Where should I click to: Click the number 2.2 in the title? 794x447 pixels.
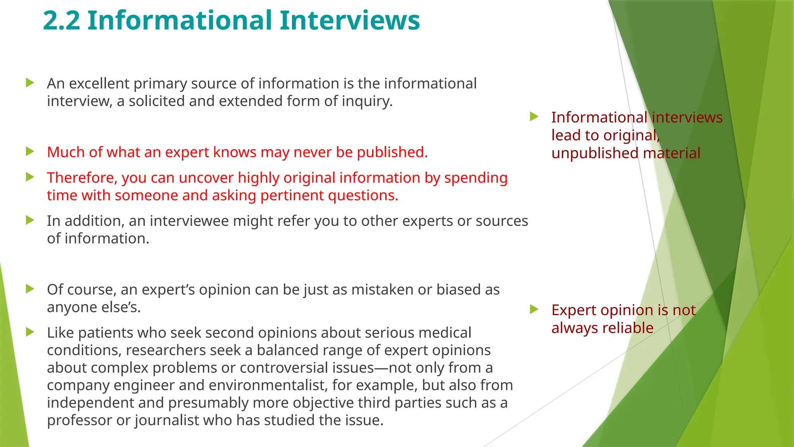(61, 21)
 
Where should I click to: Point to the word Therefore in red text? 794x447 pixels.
(82, 178)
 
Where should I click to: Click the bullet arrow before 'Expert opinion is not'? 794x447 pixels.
(534, 309)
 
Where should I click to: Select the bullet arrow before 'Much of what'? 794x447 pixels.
(30, 151)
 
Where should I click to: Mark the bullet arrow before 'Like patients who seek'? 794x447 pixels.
(30, 332)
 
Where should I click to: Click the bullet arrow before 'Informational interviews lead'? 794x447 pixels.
(534, 116)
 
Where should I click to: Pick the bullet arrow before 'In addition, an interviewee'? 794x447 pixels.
(30, 220)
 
